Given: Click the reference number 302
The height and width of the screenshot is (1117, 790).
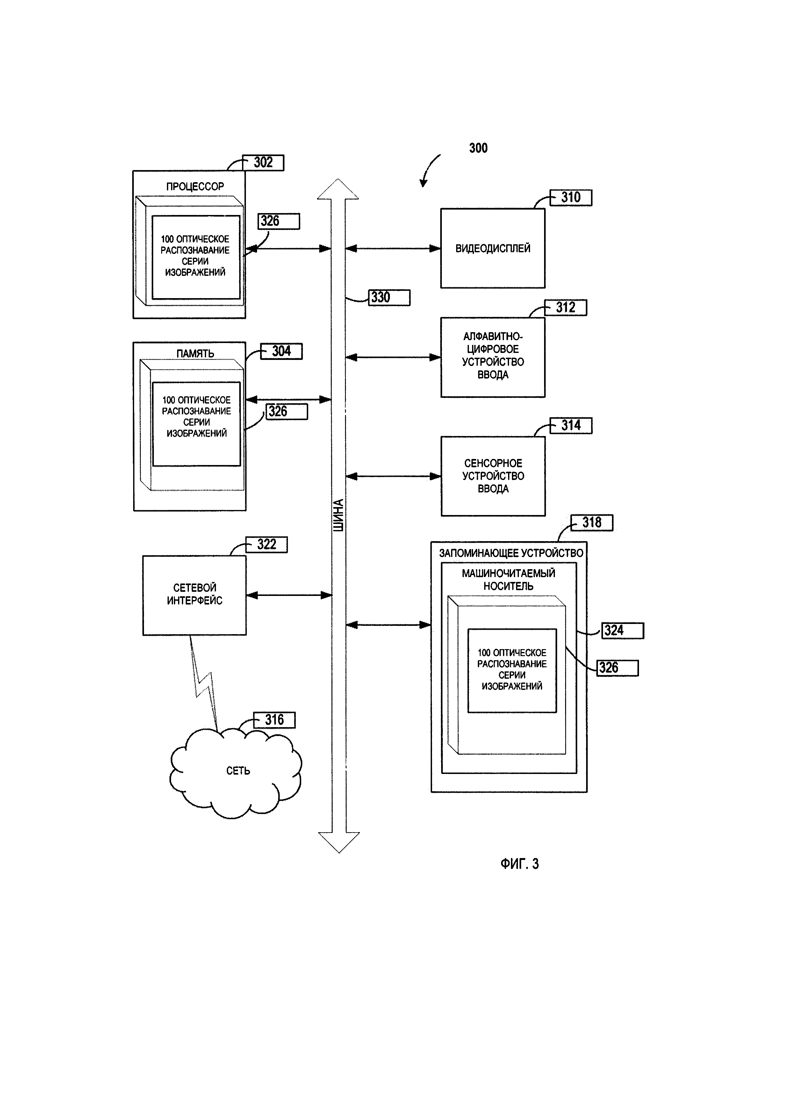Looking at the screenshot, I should (263, 162).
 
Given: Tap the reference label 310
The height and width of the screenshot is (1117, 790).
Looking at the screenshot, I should (571, 197).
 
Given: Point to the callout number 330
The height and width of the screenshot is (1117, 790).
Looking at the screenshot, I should (381, 297).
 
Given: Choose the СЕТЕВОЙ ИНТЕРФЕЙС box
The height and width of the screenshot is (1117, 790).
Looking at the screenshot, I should (195, 595).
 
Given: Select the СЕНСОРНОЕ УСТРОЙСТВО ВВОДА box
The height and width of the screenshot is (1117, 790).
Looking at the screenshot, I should (493, 476).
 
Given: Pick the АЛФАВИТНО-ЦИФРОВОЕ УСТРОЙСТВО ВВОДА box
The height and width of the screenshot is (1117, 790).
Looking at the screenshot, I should (493, 357).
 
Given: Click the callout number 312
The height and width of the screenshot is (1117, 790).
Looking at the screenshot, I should (566, 307).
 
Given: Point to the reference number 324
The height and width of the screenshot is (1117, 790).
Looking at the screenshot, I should (614, 631).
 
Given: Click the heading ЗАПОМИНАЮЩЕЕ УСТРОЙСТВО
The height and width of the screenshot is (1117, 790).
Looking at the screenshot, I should (511, 553).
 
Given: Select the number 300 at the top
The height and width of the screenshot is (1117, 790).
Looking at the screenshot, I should (478, 148).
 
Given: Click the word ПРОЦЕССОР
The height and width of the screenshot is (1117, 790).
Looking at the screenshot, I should (195, 186).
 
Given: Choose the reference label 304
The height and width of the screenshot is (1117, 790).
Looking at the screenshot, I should (281, 351).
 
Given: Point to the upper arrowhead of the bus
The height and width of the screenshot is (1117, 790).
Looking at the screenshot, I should (338, 190).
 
